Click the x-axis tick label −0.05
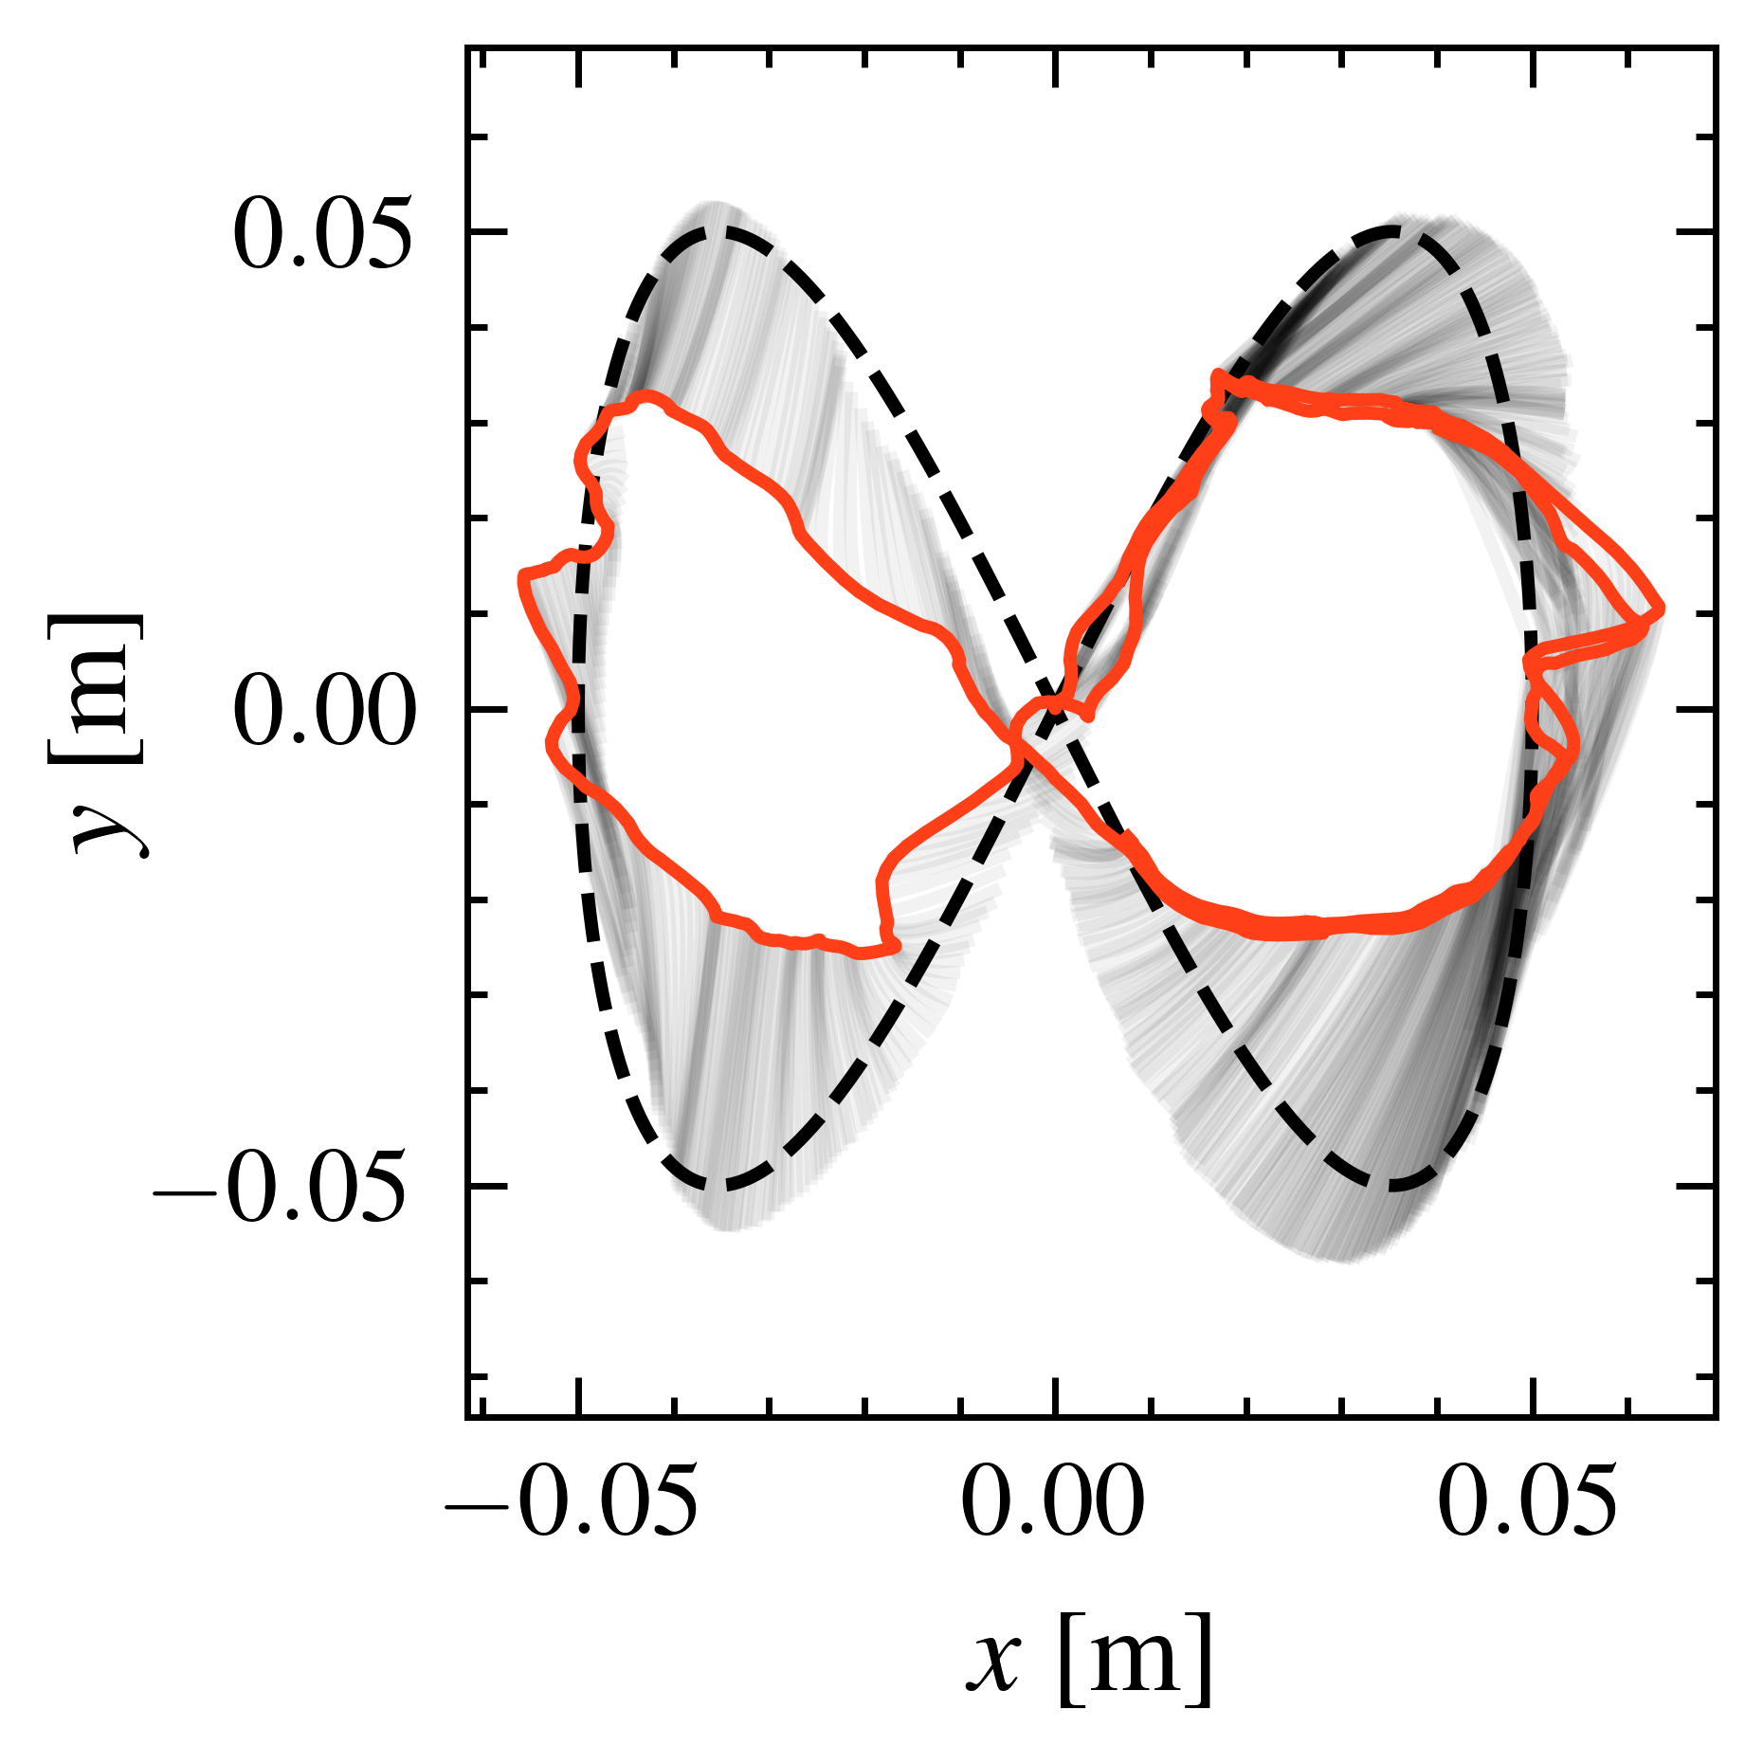572,1502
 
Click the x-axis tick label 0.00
1053,1502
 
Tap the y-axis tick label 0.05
323,233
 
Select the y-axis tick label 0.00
323,711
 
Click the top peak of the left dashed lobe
722,230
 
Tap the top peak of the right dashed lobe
1390,230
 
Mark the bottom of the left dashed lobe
722,1186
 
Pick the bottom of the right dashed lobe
1390,1186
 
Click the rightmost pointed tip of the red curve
1662,609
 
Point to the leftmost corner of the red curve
522,575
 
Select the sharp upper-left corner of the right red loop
1217,375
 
